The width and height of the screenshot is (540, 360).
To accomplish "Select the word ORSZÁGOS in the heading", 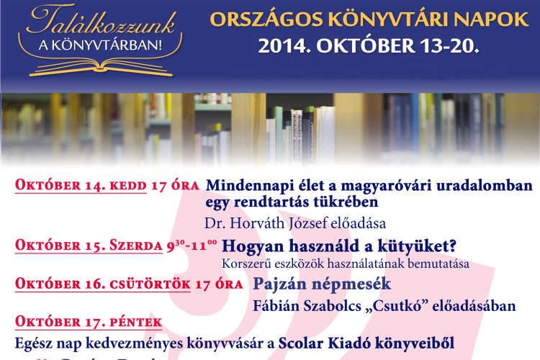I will click(247, 19).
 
